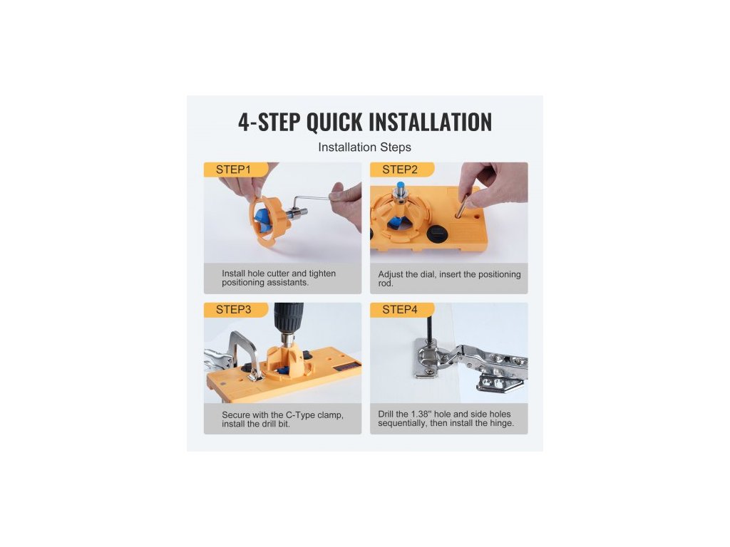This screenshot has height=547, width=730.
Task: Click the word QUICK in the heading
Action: [334, 122]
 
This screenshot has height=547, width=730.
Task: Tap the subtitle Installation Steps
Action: [364, 147]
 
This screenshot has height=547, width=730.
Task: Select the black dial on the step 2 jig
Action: [437, 233]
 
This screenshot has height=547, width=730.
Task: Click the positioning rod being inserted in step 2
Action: [462, 206]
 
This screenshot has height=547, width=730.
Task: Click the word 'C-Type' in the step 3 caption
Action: [300, 415]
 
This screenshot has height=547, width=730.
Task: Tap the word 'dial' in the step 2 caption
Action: [428, 274]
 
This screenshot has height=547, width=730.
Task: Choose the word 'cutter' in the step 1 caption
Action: [278, 273]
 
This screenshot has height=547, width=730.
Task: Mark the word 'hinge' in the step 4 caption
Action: [501, 423]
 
